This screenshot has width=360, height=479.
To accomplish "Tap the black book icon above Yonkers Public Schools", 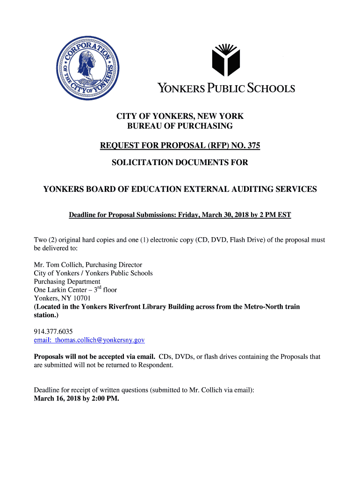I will click(x=225, y=59).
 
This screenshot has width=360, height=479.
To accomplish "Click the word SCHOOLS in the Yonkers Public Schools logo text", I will click(x=271, y=88).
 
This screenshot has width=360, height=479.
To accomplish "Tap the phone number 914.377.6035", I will click(x=53, y=331).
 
